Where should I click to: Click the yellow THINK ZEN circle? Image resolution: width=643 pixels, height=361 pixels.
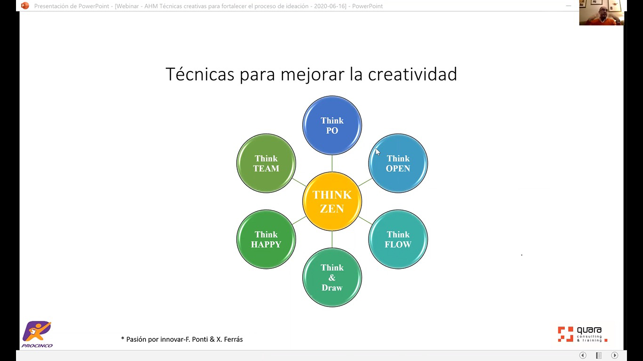(332, 201)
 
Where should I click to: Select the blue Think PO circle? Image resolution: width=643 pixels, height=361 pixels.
(332, 126)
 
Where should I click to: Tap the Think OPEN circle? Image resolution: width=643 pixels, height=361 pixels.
(398, 163)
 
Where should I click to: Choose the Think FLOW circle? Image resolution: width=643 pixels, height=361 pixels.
(398, 239)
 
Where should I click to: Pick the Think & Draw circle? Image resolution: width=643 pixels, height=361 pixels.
(332, 277)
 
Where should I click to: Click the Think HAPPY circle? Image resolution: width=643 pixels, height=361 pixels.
(266, 239)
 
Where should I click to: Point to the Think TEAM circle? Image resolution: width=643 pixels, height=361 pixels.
(266, 163)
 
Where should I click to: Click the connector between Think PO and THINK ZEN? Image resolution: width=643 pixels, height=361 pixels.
(332, 164)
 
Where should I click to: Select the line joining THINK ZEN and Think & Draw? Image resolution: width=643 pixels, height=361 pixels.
(332, 239)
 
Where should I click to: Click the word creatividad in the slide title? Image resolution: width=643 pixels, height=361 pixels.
(412, 74)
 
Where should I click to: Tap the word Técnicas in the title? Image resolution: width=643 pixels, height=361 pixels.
(200, 74)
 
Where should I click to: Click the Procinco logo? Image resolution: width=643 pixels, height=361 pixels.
(37, 334)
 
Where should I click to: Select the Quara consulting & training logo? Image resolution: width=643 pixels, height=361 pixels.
(583, 334)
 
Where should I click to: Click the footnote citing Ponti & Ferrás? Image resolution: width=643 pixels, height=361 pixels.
(182, 339)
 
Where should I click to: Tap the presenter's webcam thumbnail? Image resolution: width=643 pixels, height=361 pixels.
(602, 13)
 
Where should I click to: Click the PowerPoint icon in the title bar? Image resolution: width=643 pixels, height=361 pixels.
(25, 6)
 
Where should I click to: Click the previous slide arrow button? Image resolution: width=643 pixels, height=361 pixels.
(583, 355)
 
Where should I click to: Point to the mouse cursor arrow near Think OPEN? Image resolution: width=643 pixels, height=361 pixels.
(378, 152)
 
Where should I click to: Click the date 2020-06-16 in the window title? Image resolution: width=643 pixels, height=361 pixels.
(330, 6)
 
